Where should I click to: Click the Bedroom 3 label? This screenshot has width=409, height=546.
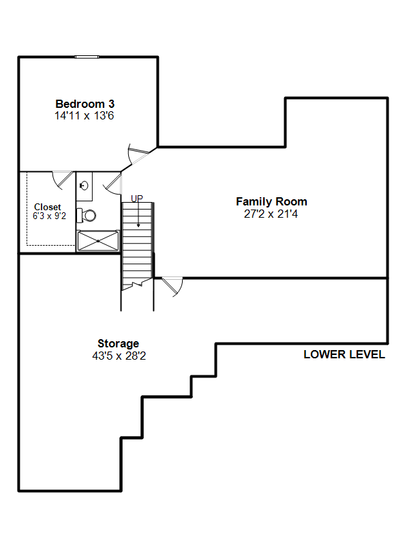pyautogui.click(x=85, y=104)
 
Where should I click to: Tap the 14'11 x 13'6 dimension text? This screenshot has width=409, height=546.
pyautogui.click(x=84, y=115)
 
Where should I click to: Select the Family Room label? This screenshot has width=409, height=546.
pyautogui.click(x=271, y=201)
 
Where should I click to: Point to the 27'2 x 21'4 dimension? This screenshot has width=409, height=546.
pyautogui.click(x=271, y=214)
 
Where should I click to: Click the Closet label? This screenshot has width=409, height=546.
pyautogui.click(x=48, y=207)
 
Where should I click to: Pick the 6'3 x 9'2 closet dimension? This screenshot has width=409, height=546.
pyautogui.click(x=49, y=216)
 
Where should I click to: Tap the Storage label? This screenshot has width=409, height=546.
pyautogui.click(x=118, y=344)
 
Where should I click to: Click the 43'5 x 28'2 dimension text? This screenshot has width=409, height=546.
pyautogui.click(x=119, y=356)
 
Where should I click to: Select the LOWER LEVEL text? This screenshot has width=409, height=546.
pyautogui.click(x=344, y=354)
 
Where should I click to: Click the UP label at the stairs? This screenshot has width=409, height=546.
pyautogui.click(x=137, y=199)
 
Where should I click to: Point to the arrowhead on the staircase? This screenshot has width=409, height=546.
pyautogui.click(x=138, y=226)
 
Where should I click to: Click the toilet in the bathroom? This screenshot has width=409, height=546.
pyautogui.click(x=87, y=215)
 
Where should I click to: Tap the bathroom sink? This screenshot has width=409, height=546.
pyautogui.click(x=84, y=186)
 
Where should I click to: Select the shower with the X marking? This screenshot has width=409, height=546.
pyautogui.click(x=98, y=241)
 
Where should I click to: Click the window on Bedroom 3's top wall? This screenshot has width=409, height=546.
pyautogui.click(x=87, y=57)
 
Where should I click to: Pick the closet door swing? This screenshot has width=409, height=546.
pyautogui.click(x=63, y=179)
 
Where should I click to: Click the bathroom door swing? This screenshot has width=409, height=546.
pyautogui.click(x=113, y=184)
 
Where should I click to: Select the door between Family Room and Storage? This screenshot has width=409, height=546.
pyautogui.click(x=172, y=287)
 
